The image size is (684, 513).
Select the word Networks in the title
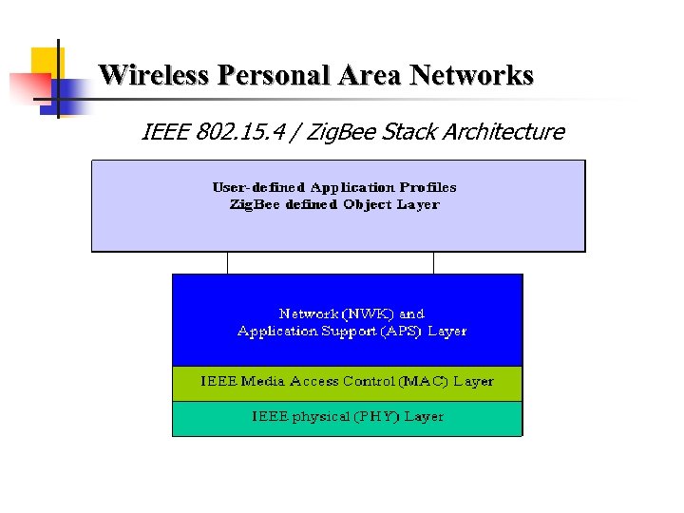[471, 75]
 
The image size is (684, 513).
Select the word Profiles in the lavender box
[427, 187]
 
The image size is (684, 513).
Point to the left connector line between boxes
[228, 263]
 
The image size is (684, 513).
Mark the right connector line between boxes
[433, 263]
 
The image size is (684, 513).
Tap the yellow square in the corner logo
[46, 61]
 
